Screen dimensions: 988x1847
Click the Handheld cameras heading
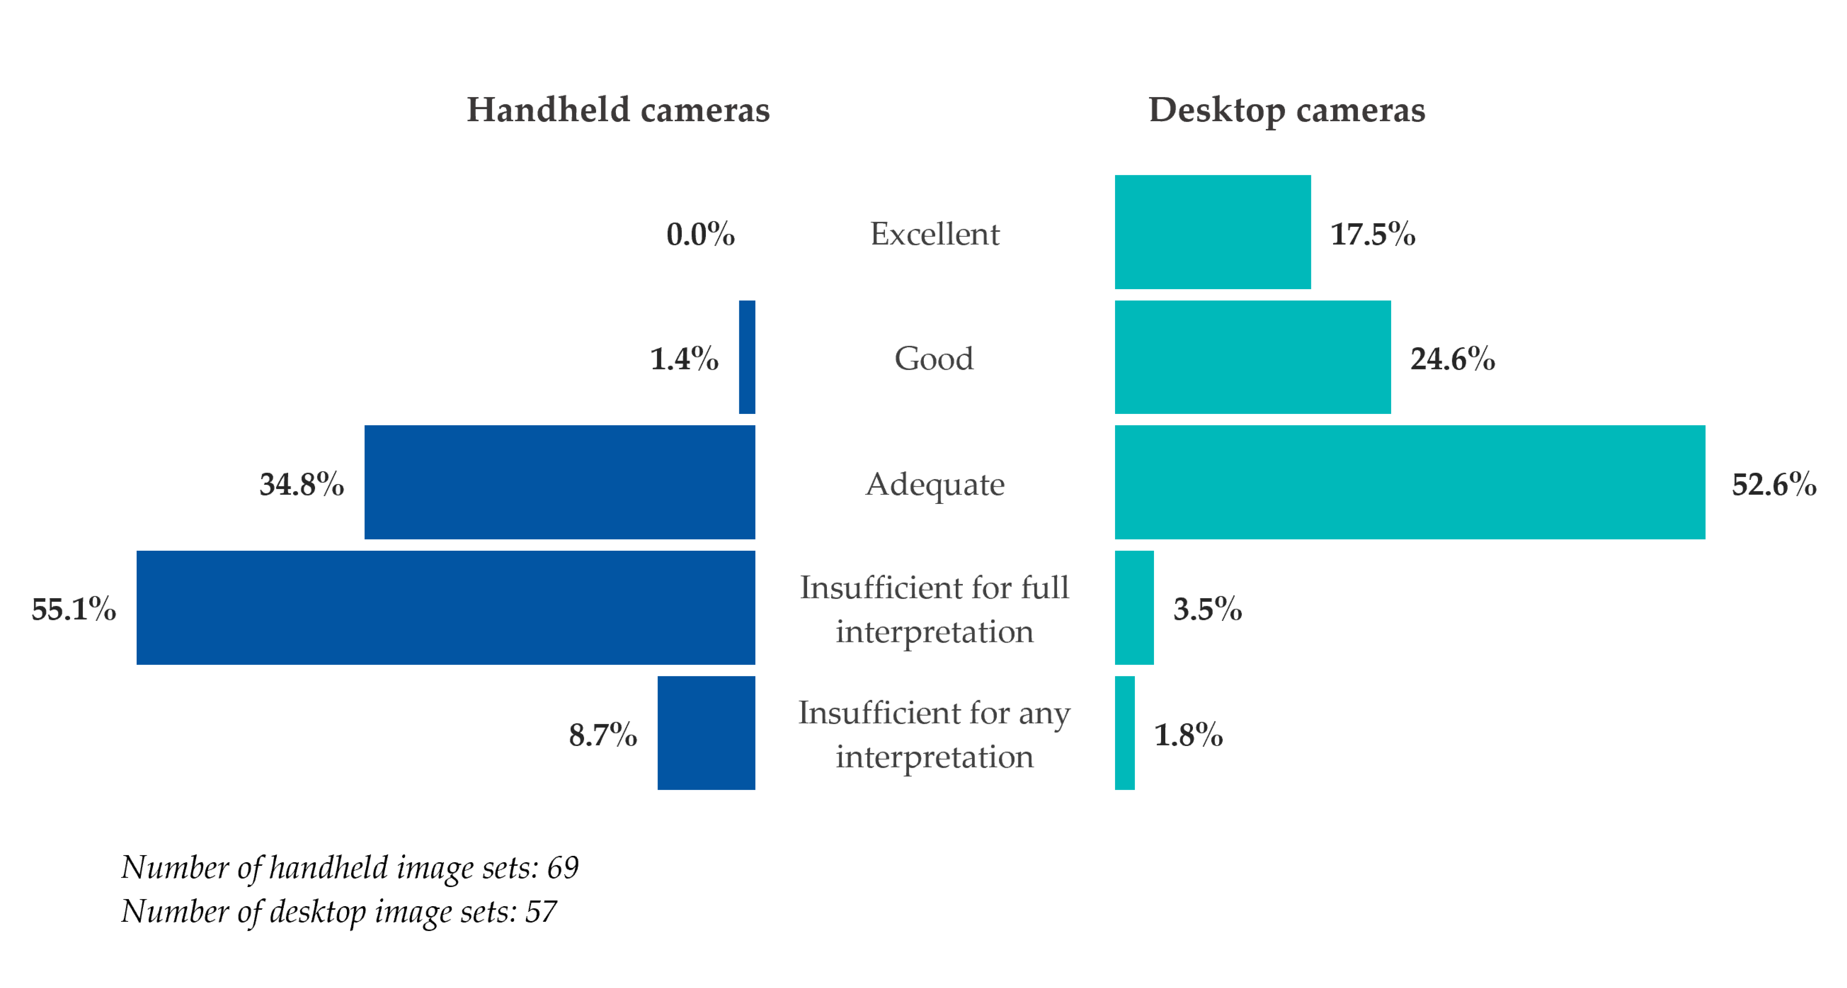(618, 110)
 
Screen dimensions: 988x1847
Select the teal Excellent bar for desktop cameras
(1212, 232)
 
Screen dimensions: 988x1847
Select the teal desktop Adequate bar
(1410, 482)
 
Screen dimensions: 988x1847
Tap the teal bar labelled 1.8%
(1124, 733)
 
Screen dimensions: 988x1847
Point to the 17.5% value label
(1372, 234)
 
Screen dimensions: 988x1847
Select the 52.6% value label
(1774, 484)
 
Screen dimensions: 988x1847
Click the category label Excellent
(934, 234)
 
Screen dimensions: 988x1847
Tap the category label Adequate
(934, 484)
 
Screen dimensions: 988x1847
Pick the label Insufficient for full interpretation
(934, 609)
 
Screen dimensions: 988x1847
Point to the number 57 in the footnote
(541, 911)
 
